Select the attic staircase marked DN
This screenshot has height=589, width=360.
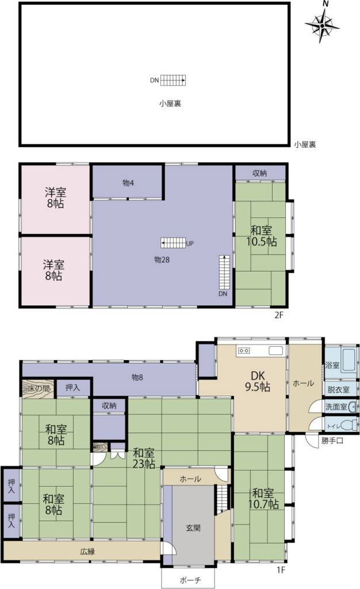coord(173,80)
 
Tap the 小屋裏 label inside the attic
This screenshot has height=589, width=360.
coord(170,104)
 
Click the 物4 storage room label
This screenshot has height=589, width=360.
coord(128,183)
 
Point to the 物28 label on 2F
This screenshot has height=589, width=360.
coord(162,259)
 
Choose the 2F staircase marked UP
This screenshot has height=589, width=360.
coord(174,243)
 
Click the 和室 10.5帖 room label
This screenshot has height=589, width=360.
coord(261,235)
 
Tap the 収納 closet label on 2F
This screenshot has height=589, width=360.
coord(259,173)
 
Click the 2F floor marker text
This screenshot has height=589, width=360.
coord(278,315)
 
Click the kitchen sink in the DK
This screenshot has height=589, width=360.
coord(275,351)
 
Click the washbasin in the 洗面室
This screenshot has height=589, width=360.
coord(352,407)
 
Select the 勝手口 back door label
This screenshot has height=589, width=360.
coord(332,441)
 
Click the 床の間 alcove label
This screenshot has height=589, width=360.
coord(39,388)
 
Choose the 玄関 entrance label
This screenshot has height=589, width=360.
coord(193,528)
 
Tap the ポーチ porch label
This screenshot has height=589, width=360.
coord(190,580)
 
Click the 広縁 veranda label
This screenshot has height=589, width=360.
coord(87,552)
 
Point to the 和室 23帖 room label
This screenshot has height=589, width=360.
coord(144,458)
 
